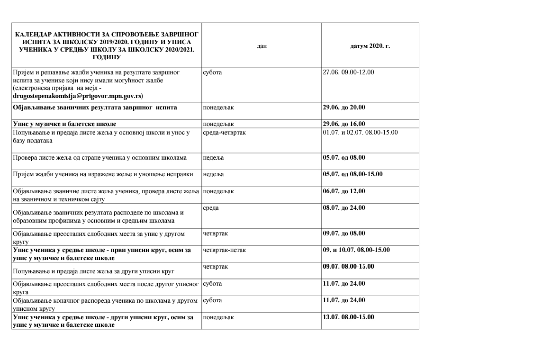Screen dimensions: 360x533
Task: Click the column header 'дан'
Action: (x=262, y=46)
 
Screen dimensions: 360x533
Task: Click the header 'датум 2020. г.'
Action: (x=370, y=46)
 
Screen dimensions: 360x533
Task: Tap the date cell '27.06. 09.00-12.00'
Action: (x=348, y=72)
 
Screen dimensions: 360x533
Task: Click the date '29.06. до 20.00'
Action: (x=344, y=108)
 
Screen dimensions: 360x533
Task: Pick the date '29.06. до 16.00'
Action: (x=344, y=124)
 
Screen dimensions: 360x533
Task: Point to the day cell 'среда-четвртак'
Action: (x=224, y=133)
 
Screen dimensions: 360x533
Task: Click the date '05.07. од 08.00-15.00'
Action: (x=352, y=174)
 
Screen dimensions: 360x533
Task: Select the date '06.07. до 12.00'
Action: (x=344, y=191)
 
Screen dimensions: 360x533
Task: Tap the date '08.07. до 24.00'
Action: (x=344, y=208)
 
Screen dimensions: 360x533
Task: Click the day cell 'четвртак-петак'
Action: (x=224, y=250)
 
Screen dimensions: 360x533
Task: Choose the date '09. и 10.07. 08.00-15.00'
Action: (x=356, y=250)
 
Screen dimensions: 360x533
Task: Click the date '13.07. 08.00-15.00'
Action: (x=348, y=317)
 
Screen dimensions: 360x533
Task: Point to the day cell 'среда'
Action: (x=211, y=208)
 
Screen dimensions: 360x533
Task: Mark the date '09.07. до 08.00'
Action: (x=344, y=233)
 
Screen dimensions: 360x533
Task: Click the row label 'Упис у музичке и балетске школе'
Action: (x=64, y=124)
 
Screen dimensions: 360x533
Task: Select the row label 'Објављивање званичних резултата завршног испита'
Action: (x=95, y=108)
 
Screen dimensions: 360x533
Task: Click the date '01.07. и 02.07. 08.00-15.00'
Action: (x=360, y=133)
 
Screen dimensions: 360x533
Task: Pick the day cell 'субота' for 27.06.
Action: (x=212, y=72)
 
